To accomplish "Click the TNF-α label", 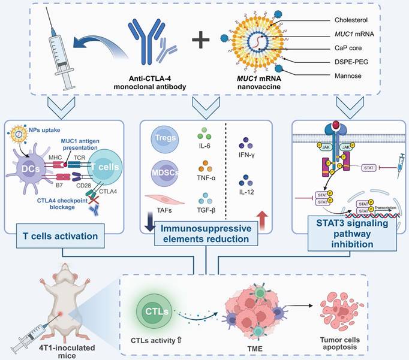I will pyautogui.click(x=207, y=178).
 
